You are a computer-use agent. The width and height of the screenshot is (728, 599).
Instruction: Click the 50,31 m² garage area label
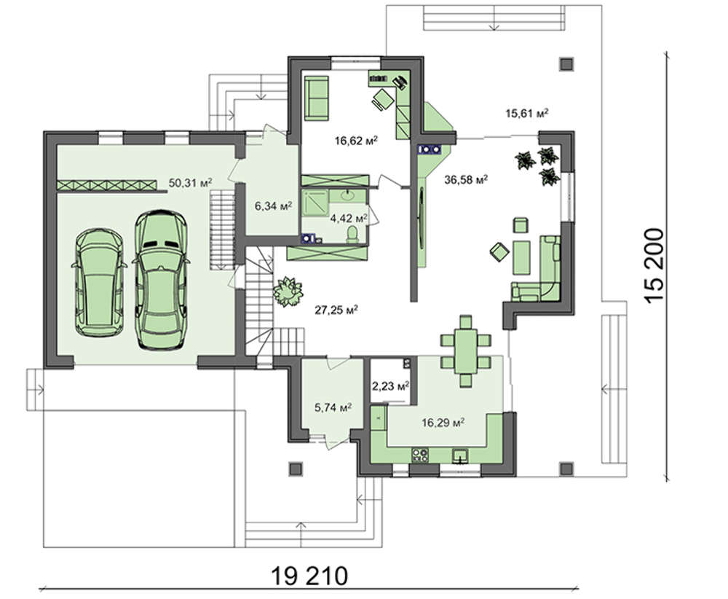[190, 183]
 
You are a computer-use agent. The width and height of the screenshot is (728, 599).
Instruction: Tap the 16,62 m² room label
[356, 140]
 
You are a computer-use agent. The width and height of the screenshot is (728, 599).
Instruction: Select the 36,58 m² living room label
[466, 179]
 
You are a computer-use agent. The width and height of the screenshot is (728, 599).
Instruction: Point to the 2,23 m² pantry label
[390, 385]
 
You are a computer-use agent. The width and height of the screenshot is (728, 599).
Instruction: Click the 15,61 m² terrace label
[527, 113]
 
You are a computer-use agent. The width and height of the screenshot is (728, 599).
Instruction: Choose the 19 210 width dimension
[309, 576]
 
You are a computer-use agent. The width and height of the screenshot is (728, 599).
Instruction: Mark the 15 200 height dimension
[654, 266]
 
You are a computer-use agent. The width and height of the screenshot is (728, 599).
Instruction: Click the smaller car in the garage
[99, 282]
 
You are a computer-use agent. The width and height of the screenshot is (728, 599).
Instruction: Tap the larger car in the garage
[161, 280]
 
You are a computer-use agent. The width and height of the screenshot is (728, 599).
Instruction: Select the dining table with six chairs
[466, 351]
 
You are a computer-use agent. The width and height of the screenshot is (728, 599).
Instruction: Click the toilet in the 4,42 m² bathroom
[352, 234]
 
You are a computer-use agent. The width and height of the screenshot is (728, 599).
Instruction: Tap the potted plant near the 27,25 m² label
[288, 291]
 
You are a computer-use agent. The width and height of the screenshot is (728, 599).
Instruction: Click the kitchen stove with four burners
[420, 455]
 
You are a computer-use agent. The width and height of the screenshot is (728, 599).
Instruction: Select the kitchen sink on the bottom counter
[461, 456]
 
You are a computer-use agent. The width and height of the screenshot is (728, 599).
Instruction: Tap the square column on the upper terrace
[566, 64]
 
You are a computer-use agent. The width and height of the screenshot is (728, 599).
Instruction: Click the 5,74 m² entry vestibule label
[333, 407]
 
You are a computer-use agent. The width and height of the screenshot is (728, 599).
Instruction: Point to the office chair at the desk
[383, 99]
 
